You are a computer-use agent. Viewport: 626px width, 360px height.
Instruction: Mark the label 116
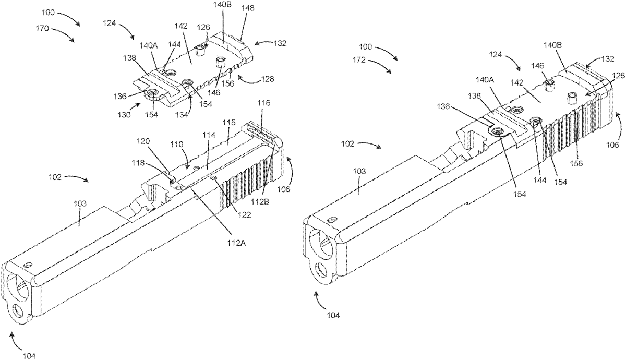263,104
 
